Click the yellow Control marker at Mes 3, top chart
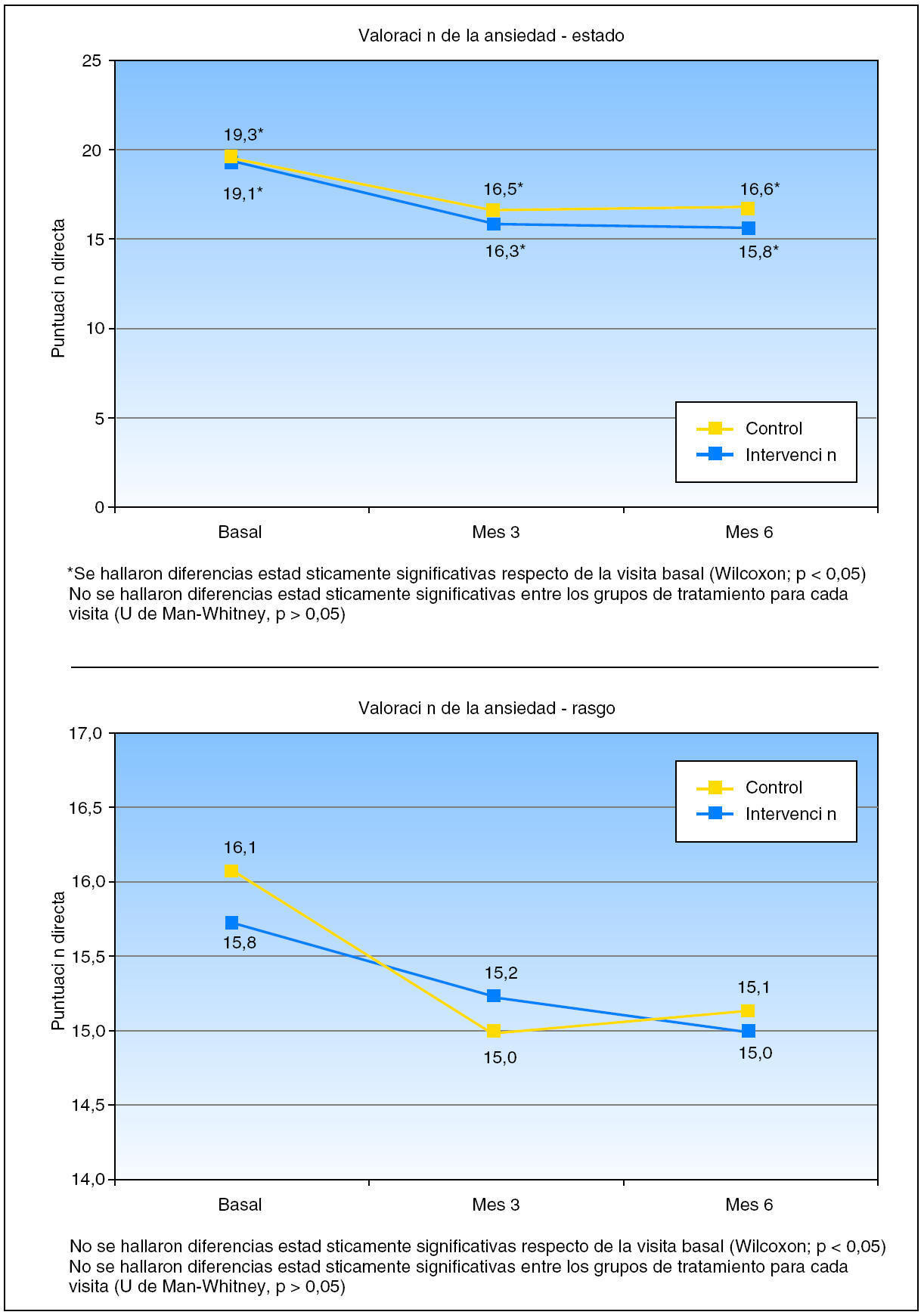(493, 210)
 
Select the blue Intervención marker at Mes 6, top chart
(748, 228)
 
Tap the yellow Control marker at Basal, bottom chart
(231, 871)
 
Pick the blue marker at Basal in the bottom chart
(231, 923)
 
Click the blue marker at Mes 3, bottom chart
(493, 996)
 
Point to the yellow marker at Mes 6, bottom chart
(748, 1011)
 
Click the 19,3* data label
(243, 135)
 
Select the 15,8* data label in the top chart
(758, 252)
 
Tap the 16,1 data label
(240, 848)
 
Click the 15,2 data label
(501, 973)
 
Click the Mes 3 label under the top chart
(495, 532)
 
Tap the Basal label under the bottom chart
(240, 1205)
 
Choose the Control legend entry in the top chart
(773, 429)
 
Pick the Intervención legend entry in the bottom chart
(790, 814)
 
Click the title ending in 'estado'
(491, 36)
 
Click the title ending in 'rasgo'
(486, 708)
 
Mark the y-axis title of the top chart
(58, 288)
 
